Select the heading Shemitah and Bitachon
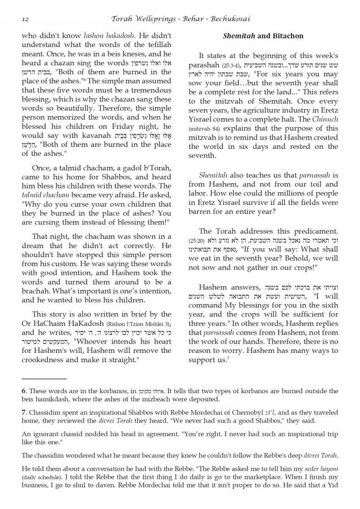[263, 36]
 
